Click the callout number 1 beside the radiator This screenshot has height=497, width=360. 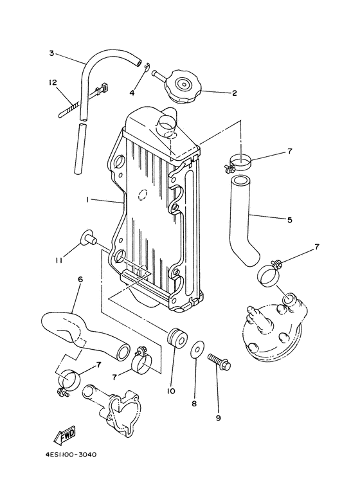[87, 200]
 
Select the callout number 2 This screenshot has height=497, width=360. [235, 93]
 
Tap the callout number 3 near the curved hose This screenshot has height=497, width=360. [51, 53]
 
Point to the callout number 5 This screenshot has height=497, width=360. [289, 220]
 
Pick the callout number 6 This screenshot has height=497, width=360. [80, 280]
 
